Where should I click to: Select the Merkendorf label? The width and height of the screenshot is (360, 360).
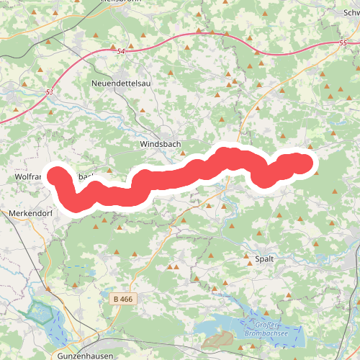pyautogui.click(x=27, y=214)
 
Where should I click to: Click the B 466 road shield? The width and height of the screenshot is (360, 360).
pyautogui.click(x=124, y=297)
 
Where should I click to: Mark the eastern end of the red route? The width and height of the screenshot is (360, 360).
pyautogui.click(x=310, y=163)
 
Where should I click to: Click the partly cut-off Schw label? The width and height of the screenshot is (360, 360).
pyautogui.click(x=348, y=13)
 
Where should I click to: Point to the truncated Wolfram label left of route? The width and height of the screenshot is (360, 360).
pyautogui.click(x=29, y=176)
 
